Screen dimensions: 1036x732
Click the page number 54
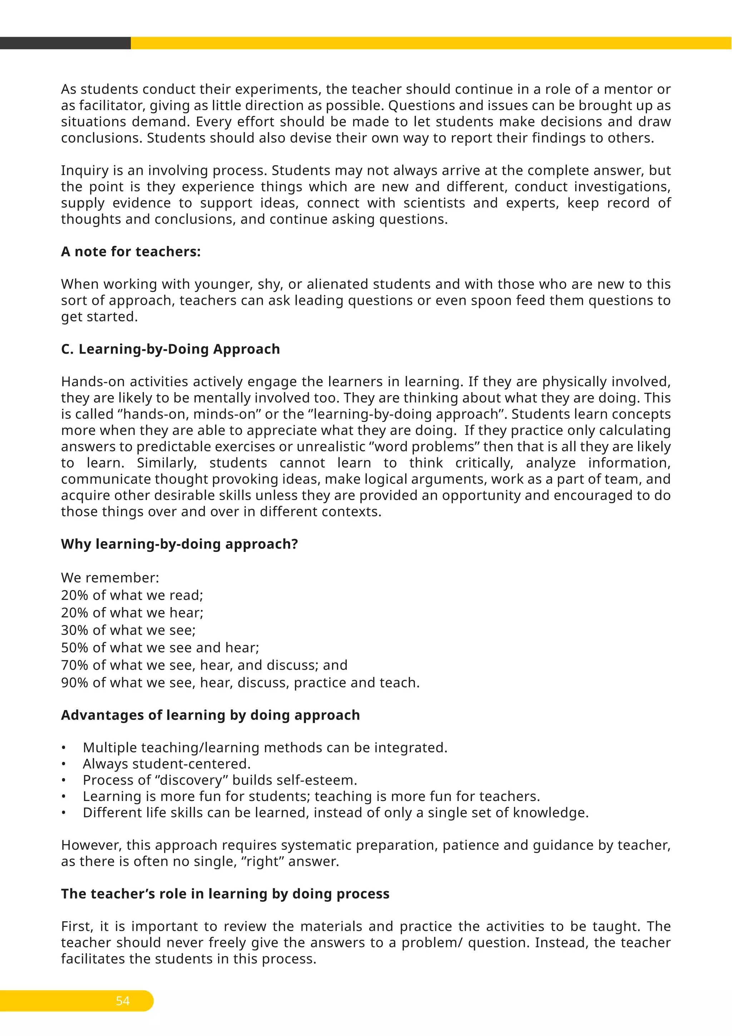point(123,1001)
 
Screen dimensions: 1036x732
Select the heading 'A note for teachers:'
point(131,251)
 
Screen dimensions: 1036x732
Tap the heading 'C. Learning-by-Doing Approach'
point(170,349)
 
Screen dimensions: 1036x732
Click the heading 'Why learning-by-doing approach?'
point(179,544)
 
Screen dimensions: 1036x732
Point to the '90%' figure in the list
point(74,683)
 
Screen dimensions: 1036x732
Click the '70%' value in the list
point(74,665)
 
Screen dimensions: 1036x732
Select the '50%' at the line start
point(74,647)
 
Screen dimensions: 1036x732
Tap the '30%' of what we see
point(74,630)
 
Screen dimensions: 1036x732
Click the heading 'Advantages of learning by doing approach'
point(211,715)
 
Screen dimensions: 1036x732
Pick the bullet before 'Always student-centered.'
point(64,764)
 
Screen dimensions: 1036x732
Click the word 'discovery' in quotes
point(191,780)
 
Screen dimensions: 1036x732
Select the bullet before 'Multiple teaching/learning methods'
point(64,748)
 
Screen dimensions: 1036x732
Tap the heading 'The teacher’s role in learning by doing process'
point(225,894)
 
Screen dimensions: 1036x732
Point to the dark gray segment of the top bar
point(65,43)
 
